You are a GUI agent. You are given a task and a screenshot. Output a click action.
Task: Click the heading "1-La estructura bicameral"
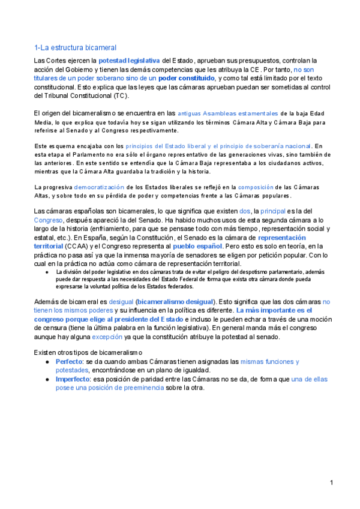tap(75, 47)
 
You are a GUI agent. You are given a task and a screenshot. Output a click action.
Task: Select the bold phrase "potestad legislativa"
tap(129, 61)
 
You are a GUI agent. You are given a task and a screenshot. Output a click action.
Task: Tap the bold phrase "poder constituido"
tap(186, 78)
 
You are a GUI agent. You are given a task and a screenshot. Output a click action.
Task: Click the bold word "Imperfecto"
tap(74, 379)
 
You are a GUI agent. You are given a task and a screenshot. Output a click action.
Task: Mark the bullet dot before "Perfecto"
tap(47, 362)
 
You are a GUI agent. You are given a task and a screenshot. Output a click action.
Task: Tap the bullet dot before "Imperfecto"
tap(47, 379)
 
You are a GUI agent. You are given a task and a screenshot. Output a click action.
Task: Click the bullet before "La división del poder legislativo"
tap(47, 272)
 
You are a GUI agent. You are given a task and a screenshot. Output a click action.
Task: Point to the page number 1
tap(331, 483)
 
